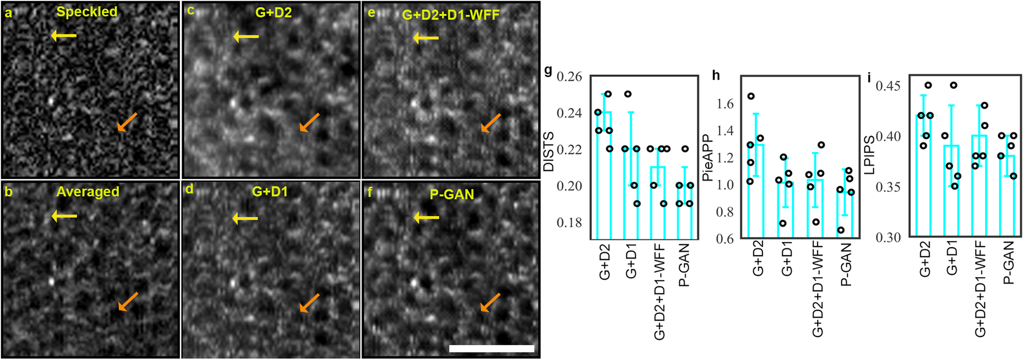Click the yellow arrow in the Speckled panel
[x=63, y=35]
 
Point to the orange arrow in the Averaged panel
[x=128, y=302]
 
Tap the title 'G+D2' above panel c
[x=273, y=12]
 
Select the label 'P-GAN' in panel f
[x=452, y=194]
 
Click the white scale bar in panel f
[x=492, y=348]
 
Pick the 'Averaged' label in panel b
[x=88, y=192]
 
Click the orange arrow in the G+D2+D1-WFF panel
[x=490, y=123]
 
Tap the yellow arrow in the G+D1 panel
[x=245, y=219]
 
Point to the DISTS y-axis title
[x=548, y=152]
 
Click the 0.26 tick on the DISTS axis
[x=569, y=77]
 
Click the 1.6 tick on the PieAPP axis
[x=724, y=104]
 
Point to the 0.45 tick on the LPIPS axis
[x=888, y=86]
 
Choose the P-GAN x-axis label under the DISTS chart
[x=684, y=264]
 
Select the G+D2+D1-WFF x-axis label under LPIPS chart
[x=980, y=289]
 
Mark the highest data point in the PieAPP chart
[x=751, y=96]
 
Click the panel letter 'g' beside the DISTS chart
[x=548, y=70]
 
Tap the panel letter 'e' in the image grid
[x=371, y=12]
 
